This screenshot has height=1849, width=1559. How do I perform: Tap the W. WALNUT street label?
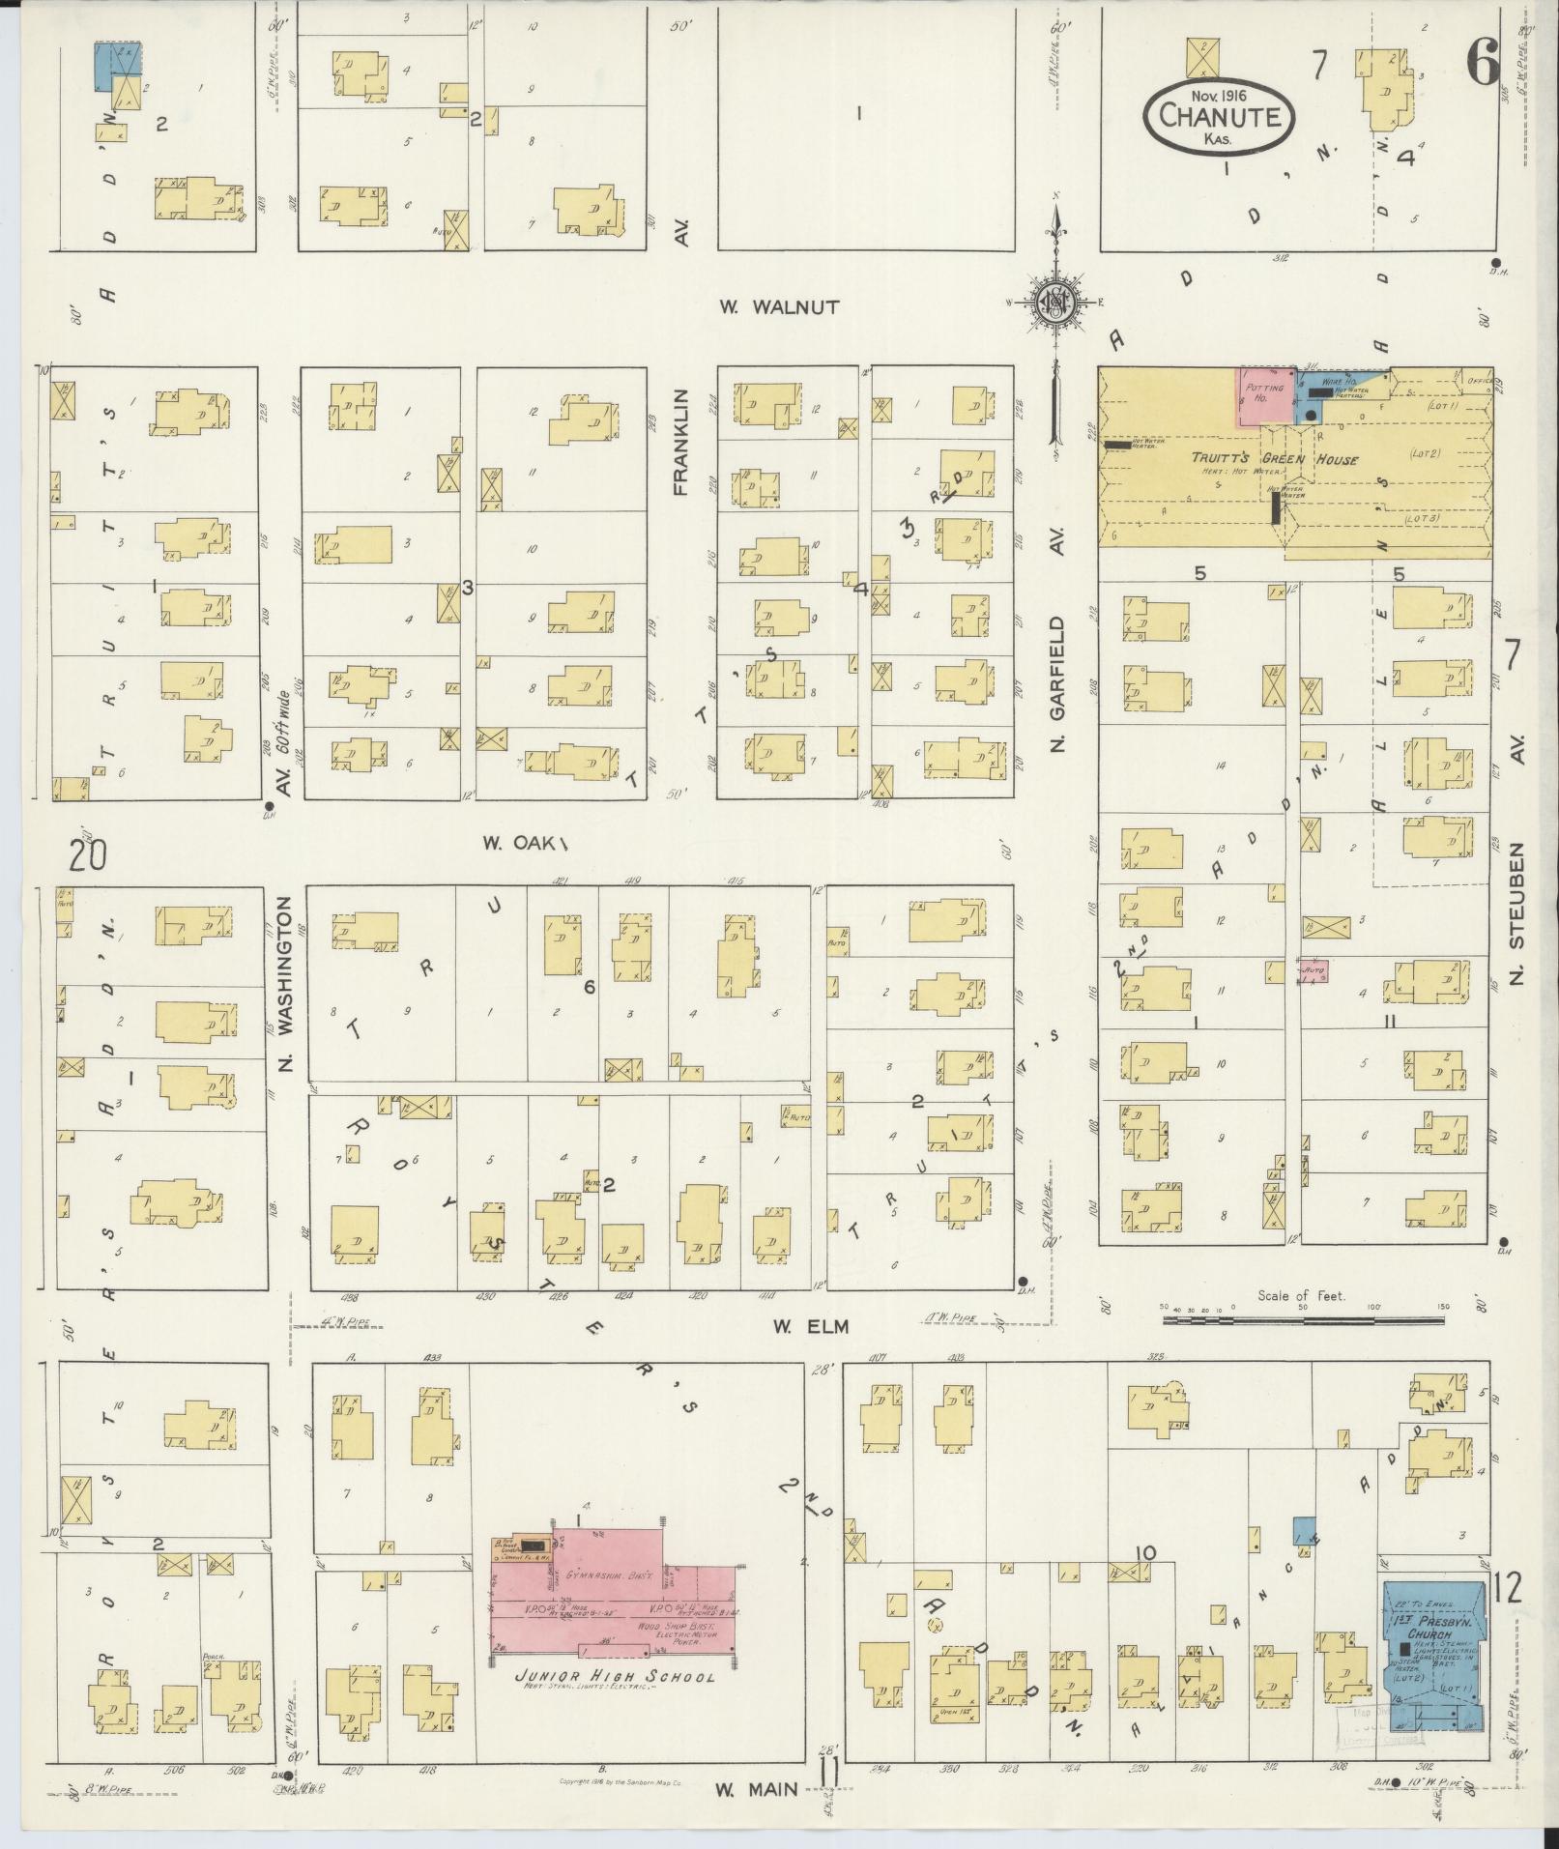point(779,307)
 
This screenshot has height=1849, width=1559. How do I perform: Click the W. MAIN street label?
point(757,1789)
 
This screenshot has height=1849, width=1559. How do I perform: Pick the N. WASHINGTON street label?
point(285,986)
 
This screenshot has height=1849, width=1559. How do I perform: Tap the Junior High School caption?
point(615,1677)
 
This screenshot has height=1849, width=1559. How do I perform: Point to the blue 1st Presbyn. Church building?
point(1432,1653)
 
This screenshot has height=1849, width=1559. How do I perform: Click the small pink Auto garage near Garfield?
point(1314,971)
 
